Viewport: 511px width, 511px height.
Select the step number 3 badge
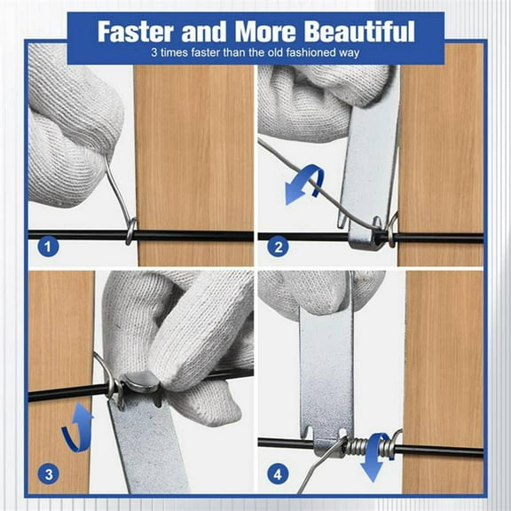(x=45, y=475)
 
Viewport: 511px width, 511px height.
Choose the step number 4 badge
(x=276, y=475)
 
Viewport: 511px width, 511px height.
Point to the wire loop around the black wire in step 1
(x=130, y=231)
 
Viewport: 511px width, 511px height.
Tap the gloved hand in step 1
(x=71, y=124)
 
